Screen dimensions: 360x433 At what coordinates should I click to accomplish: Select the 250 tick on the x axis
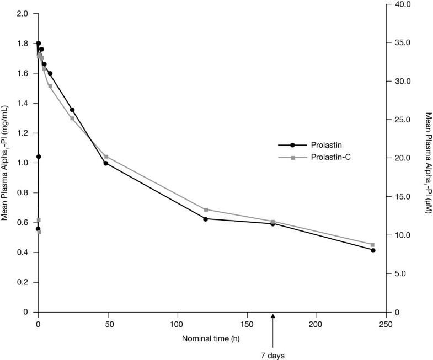386,324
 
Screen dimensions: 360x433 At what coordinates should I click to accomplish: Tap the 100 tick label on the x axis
177,324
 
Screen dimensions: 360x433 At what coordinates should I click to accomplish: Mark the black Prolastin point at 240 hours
373,250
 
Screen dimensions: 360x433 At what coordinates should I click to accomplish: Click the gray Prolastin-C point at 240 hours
372,245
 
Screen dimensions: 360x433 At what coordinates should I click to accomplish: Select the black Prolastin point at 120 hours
205,219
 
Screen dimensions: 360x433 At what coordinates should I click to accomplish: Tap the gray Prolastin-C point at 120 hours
206,209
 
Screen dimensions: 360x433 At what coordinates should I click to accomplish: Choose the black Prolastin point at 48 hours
105,163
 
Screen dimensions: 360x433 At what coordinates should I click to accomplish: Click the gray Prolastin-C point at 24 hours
72,119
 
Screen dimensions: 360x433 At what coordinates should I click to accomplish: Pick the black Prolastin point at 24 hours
72,110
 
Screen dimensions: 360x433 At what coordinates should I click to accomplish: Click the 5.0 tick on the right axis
403,273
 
